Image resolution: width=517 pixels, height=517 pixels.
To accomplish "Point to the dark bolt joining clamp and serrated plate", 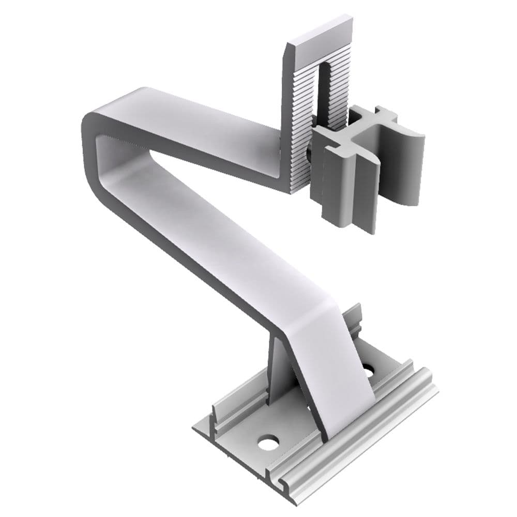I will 309,155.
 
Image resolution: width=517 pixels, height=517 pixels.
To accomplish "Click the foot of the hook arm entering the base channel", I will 346,414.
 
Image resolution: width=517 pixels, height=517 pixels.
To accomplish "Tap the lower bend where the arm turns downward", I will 310,310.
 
